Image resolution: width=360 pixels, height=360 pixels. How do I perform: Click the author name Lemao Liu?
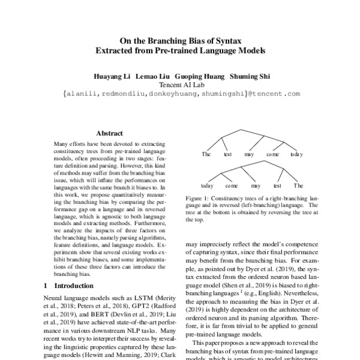pos(152,77)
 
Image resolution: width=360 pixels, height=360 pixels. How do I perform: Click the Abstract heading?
pos(109,133)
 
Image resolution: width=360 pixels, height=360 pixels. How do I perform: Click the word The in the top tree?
pos(206,154)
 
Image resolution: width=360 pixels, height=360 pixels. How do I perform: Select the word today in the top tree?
pos(296,154)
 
